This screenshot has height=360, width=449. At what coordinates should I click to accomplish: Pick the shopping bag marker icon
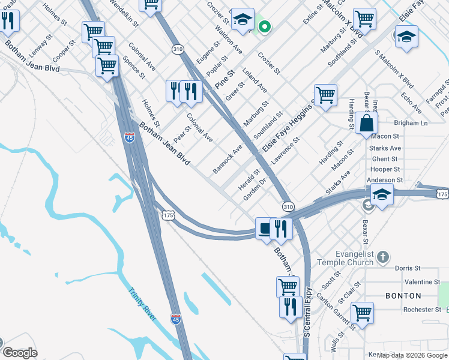(x=366, y=123)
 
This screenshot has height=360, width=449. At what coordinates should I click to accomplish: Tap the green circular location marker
(x=264, y=26)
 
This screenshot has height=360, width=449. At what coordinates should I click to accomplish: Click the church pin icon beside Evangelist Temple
(x=383, y=257)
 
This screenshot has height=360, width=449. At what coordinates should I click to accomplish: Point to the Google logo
(x=20, y=353)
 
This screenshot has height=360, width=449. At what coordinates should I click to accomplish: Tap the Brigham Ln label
(x=411, y=123)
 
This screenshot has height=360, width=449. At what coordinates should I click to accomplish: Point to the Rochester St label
(x=422, y=310)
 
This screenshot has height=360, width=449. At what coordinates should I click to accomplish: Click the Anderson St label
(x=384, y=180)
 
